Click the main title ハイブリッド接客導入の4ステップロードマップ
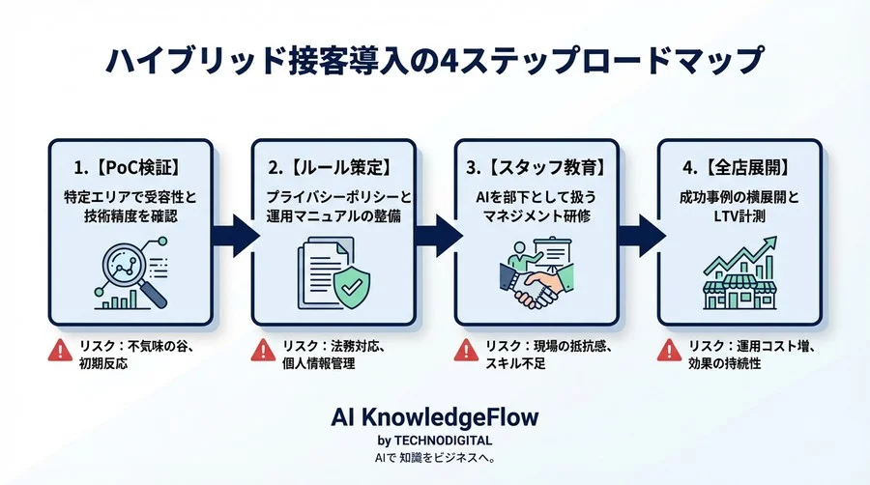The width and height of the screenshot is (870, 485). point(434,61)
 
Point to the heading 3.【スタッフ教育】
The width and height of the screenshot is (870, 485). point(536,167)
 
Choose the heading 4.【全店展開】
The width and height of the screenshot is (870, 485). point(739,167)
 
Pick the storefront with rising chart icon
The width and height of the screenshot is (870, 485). point(739,275)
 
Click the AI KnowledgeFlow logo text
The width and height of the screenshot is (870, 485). point(434,417)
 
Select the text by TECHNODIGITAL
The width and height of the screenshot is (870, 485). point(434,442)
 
